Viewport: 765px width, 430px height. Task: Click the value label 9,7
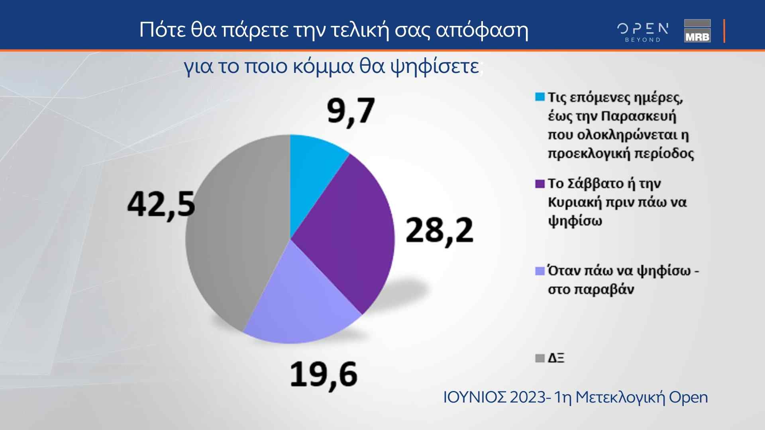pyautogui.click(x=351, y=112)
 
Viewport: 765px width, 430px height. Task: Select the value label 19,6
pyautogui.click(x=324, y=375)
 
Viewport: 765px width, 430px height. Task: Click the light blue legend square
pyautogui.click(x=540, y=97)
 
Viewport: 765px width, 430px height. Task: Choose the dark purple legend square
pyautogui.click(x=540, y=184)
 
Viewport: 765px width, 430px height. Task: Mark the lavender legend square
pyautogui.click(x=540, y=271)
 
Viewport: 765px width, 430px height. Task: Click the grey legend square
pyautogui.click(x=540, y=358)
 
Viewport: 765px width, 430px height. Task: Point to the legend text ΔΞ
pyautogui.click(x=556, y=358)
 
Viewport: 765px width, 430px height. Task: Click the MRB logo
pyautogui.click(x=697, y=31)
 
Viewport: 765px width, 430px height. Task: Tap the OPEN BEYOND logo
pyautogui.click(x=643, y=32)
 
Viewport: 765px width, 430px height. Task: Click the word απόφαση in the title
pyautogui.click(x=482, y=30)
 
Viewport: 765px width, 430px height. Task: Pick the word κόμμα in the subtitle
pyautogui.click(x=324, y=66)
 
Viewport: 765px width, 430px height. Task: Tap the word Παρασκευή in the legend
pyautogui.click(x=639, y=117)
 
